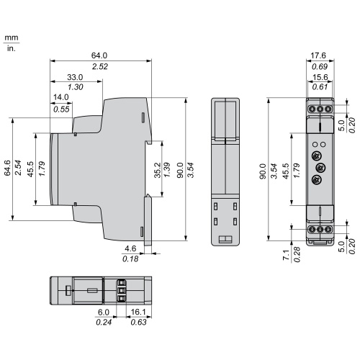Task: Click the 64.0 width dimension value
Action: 99,55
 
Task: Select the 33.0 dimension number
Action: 75,77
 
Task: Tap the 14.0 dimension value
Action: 61,97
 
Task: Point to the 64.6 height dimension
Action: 7,168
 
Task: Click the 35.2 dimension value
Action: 158,170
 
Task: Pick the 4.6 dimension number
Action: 130,248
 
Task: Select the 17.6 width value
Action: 318,55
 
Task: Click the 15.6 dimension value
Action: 320,77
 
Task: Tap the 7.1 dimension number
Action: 287,255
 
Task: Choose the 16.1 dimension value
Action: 138,312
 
